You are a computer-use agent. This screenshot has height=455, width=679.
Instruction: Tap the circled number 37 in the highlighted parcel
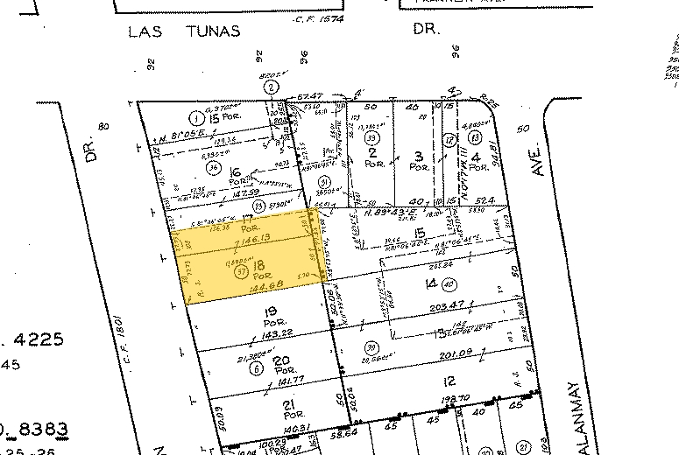[241, 271]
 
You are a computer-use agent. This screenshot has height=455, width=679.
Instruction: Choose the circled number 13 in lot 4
[475, 136]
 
